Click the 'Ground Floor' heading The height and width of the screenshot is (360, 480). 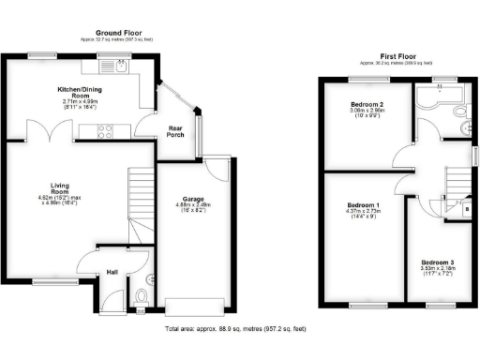(117, 31)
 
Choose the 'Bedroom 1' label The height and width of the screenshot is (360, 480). (364, 205)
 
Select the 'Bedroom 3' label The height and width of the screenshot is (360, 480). (438, 262)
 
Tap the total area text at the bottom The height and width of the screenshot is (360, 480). (234, 330)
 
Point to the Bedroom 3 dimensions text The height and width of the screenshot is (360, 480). (438, 272)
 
